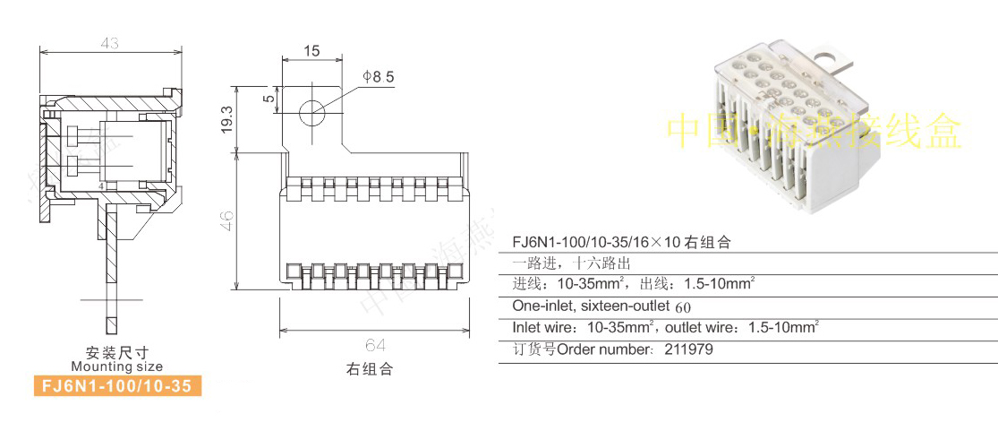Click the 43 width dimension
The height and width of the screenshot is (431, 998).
click(x=110, y=43)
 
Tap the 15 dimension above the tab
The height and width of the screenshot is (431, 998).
click(x=311, y=51)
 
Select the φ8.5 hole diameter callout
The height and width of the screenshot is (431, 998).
click(x=378, y=77)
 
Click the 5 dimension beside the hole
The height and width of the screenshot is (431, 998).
click(x=269, y=99)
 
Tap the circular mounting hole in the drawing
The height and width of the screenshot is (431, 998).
click(x=311, y=112)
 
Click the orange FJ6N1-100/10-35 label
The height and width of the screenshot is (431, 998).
click(x=116, y=386)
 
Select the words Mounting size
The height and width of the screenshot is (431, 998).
click(x=116, y=366)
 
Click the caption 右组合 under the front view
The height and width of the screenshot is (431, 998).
click(x=370, y=368)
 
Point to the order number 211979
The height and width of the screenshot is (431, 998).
click(x=689, y=349)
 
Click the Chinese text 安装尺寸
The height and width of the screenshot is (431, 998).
click(x=116, y=351)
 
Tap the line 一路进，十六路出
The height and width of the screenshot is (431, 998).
click(x=572, y=263)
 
